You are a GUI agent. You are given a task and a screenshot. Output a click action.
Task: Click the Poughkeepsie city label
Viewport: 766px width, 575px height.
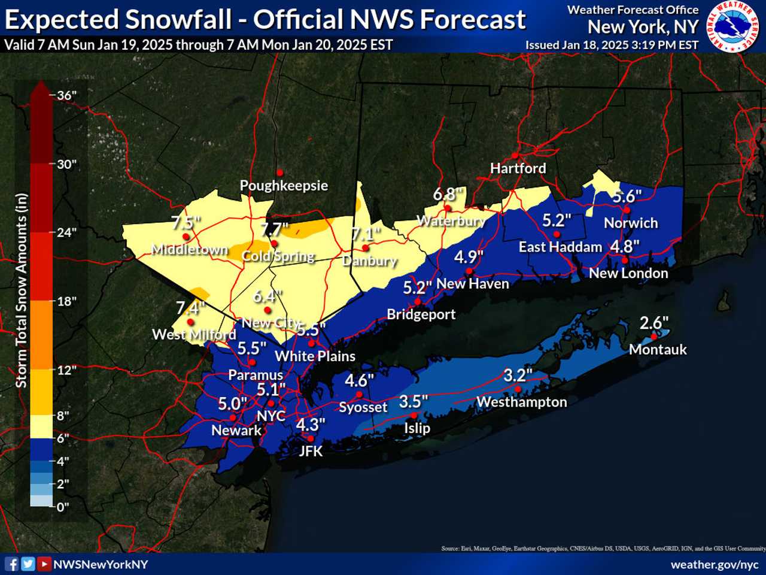click(x=284, y=186)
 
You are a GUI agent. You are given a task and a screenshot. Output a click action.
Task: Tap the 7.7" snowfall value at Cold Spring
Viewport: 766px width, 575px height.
click(x=275, y=229)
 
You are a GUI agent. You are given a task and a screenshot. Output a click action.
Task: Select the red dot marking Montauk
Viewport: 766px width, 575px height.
click(x=654, y=337)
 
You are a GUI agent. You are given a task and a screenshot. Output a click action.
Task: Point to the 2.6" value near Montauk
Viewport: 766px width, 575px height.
click(x=654, y=323)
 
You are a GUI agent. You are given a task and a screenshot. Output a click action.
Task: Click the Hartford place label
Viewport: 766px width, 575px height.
click(x=518, y=168)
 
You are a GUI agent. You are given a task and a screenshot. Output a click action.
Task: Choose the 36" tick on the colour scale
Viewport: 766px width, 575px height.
click(x=66, y=95)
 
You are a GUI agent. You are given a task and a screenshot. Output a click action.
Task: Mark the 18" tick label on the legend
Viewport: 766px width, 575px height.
click(x=66, y=301)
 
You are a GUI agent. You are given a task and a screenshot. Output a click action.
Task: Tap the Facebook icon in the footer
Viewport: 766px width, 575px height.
click(x=11, y=564)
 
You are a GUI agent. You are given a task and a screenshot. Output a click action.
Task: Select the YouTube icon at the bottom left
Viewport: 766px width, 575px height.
click(x=44, y=564)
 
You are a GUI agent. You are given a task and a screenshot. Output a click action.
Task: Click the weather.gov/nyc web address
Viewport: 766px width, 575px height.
click(x=714, y=564)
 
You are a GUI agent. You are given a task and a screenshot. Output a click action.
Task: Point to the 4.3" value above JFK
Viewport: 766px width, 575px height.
click(x=311, y=425)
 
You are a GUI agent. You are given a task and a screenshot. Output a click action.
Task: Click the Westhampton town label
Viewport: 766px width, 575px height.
click(x=521, y=402)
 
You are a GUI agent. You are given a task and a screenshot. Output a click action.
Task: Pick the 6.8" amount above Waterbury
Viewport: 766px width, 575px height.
click(x=448, y=195)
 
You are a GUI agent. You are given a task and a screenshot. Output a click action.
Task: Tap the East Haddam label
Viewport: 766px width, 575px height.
click(x=560, y=247)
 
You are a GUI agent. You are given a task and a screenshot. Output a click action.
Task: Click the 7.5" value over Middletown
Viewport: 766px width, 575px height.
click(x=186, y=223)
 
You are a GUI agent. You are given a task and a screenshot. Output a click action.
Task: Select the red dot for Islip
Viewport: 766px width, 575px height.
click(x=414, y=416)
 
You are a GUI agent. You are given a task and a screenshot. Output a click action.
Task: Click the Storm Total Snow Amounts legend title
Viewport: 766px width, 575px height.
click(x=22, y=290)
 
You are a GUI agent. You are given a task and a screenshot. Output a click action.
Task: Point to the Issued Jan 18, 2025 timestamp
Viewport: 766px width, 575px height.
click(x=612, y=45)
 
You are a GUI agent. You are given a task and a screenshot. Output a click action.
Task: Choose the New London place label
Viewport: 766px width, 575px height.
click(x=628, y=273)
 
